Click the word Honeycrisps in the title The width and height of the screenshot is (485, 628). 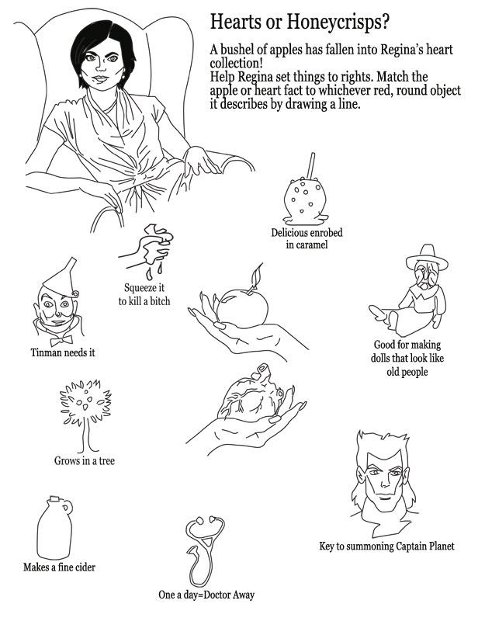click(338, 22)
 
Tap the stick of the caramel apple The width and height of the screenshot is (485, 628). click(310, 166)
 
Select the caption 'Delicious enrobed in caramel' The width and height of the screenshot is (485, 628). click(307, 239)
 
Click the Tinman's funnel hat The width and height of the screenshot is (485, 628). click(61, 276)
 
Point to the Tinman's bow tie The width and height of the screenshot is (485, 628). click(61, 341)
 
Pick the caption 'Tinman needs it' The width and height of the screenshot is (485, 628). click(63, 353)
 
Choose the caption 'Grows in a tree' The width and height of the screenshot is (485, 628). click(85, 461)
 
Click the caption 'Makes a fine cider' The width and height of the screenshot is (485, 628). click(59, 567)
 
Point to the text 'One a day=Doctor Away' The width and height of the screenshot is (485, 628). click(206, 595)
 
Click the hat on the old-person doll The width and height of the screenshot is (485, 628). click(427, 257)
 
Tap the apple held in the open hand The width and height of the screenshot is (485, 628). click(242, 307)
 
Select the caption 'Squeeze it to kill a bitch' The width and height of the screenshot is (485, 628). click(144, 294)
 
